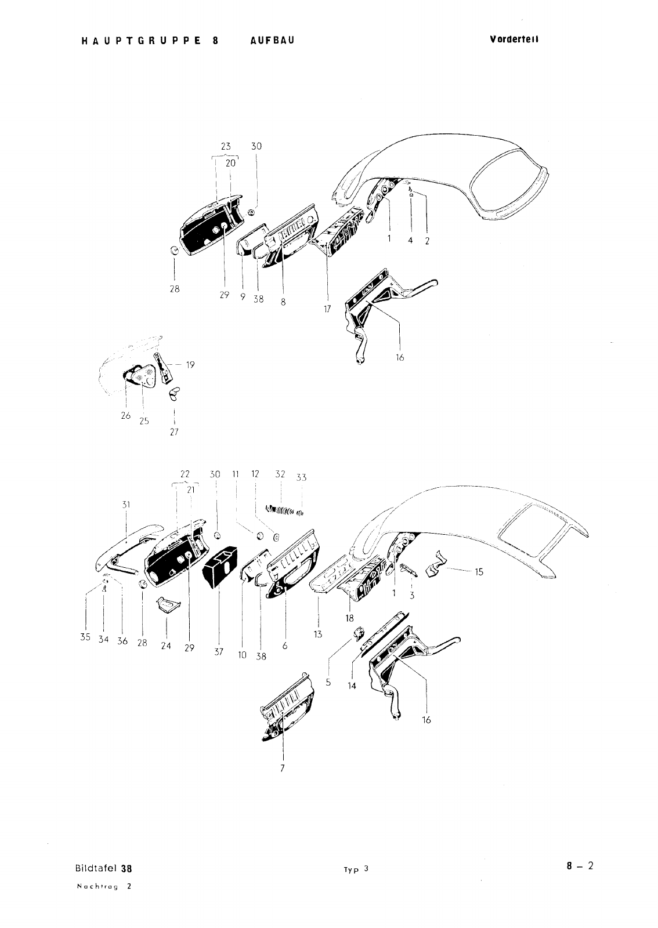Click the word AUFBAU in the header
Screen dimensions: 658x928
(x=272, y=40)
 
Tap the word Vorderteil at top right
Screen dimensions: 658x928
(x=514, y=39)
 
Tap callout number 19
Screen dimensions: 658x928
(x=190, y=365)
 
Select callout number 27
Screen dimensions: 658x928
(x=174, y=432)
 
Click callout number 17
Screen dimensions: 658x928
(x=327, y=309)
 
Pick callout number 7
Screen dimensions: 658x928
(x=282, y=768)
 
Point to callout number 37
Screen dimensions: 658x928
(x=219, y=652)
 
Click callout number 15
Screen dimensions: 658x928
(x=479, y=572)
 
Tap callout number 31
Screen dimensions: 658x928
(x=126, y=505)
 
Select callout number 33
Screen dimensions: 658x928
(x=301, y=477)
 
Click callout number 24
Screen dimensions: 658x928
(x=166, y=646)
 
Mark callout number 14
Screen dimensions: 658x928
(x=352, y=686)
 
